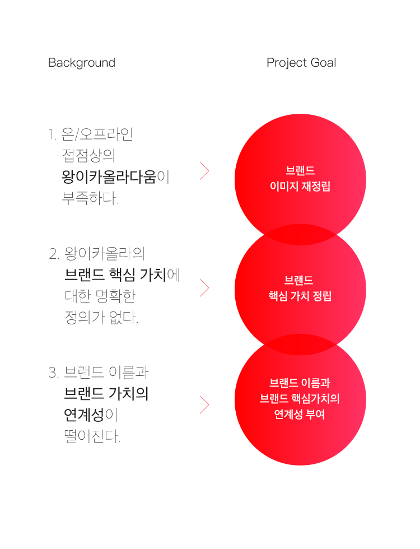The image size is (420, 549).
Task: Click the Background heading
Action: pyautogui.click(x=82, y=63)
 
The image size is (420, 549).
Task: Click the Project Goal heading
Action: pyautogui.click(x=301, y=63)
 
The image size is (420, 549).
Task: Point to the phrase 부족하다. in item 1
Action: pyautogui.click(x=91, y=198)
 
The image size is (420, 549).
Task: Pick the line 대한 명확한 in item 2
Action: pyautogui.click(x=100, y=296)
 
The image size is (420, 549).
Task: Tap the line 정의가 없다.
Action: pyautogui.click(x=101, y=318)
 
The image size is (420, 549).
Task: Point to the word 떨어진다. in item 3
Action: pyautogui.click(x=92, y=436)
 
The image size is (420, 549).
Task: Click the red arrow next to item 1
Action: pyautogui.click(x=204, y=170)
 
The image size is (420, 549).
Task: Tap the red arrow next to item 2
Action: pyautogui.click(x=204, y=288)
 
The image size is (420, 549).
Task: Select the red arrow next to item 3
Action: pyautogui.click(x=204, y=404)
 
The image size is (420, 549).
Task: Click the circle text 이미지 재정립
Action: pyautogui.click(x=300, y=186)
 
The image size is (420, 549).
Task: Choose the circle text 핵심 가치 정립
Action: pyautogui.click(x=300, y=296)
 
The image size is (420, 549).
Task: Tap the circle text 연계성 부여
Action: pyautogui.click(x=300, y=415)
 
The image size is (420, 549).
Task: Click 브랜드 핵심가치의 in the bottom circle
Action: pyautogui.click(x=300, y=399)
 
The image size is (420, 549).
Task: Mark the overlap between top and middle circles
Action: pyautogui.click(x=300, y=233)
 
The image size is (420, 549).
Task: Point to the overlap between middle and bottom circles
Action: pyautogui.click(x=300, y=344)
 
